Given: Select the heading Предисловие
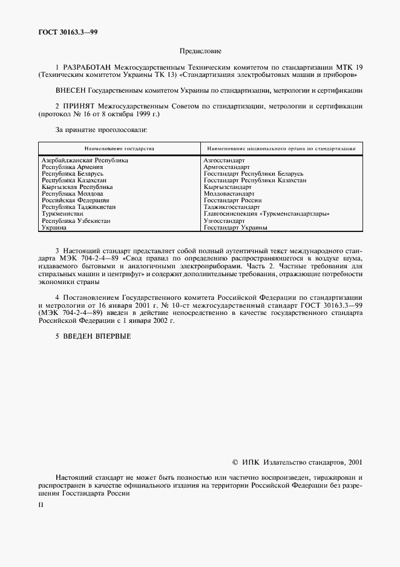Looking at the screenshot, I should [200, 51].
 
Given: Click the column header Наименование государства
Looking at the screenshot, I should [119, 148].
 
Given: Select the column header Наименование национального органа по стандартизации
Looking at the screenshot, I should [281, 148].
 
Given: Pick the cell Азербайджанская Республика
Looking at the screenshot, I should [85, 161].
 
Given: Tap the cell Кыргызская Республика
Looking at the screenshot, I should [77, 187].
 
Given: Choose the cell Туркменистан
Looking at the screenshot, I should [63, 214].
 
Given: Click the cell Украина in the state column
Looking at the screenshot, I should [53, 228].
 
